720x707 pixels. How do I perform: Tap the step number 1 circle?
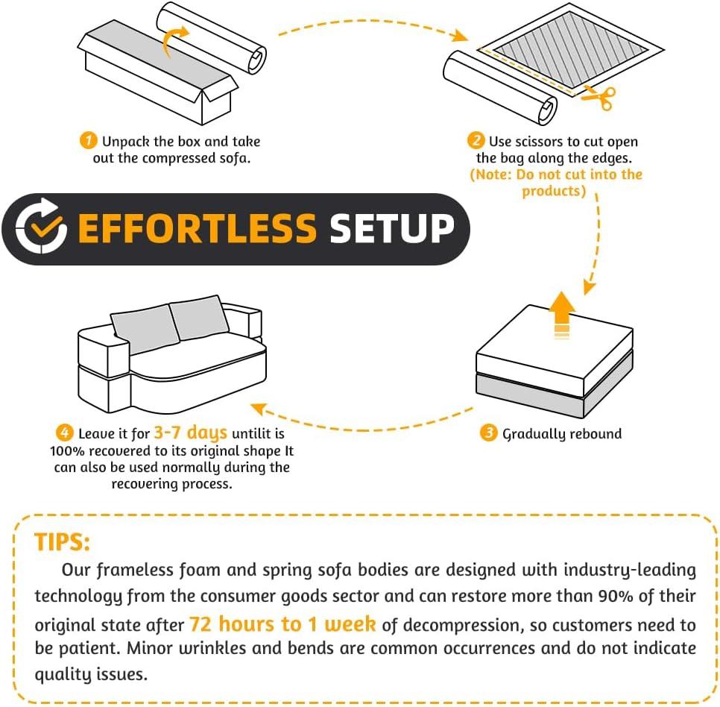pyautogui.click(x=88, y=140)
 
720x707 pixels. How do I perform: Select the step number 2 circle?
pyautogui.click(x=476, y=140)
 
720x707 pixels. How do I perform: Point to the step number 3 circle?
pyautogui.click(x=489, y=433)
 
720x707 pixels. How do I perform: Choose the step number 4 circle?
pyautogui.click(x=65, y=433)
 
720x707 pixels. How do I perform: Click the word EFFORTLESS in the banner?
pyautogui.click(x=197, y=228)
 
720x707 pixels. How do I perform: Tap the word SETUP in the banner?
pyautogui.click(x=392, y=228)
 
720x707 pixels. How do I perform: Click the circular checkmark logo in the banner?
pyautogui.click(x=40, y=226)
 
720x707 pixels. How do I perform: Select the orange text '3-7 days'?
pyautogui.click(x=191, y=433)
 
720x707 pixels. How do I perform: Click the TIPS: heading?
pyautogui.click(x=62, y=542)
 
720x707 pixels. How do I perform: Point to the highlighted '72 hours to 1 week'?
pyautogui.click(x=282, y=624)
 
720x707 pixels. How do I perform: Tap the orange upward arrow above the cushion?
pyautogui.click(x=562, y=315)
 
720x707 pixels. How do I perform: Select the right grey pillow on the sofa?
pyautogui.click(x=199, y=317)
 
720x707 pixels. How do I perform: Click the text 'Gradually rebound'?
pyautogui.click(x=562, y=433)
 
